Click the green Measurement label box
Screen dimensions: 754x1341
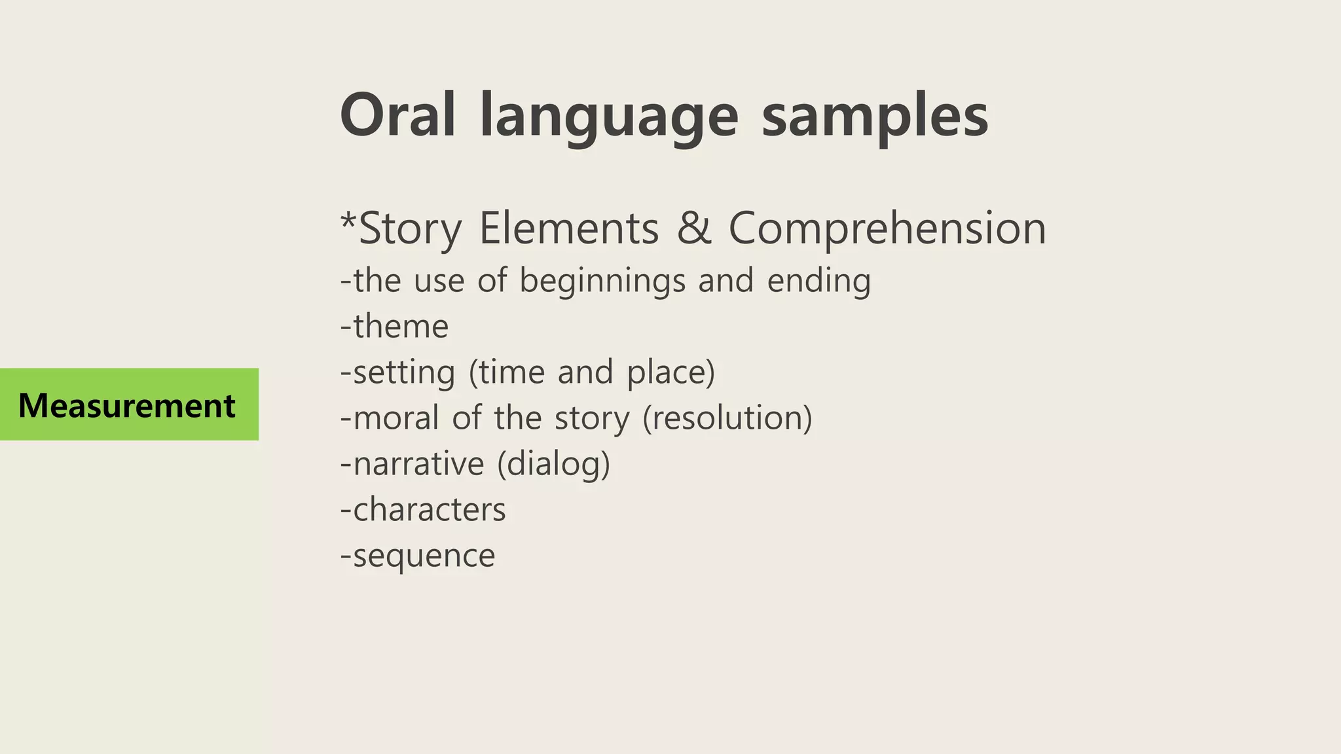[129, 404]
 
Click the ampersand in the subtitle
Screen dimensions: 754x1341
[693, 228]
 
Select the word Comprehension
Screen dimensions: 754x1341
[887, 229]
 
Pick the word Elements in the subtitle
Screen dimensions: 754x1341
[568, 228]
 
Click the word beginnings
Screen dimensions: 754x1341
[602, 281]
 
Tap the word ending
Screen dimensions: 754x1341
[818, 281]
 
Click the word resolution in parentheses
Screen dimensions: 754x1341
[727, 418]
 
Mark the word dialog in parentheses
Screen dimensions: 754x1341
[553, 464]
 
